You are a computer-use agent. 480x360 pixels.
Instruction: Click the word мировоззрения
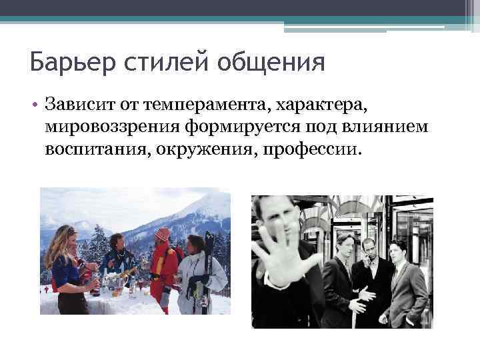105,126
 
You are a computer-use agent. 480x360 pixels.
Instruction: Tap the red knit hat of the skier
162,235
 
